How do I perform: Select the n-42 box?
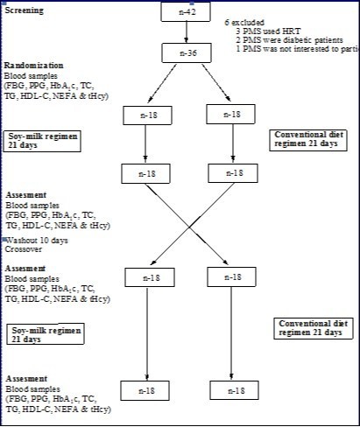tap(187, 11)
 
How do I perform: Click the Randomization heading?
tap(35, 65)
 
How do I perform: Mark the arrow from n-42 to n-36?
tap(187, 34)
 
